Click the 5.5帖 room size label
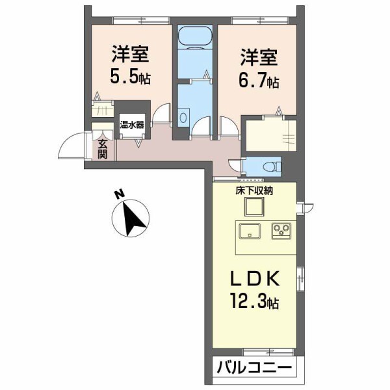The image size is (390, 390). (130, 77)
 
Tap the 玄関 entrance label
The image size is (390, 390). (103, 150)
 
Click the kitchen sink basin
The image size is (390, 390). (250, 230)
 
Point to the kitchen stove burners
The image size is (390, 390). (281, 229)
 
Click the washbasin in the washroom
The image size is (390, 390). (184, 118)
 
